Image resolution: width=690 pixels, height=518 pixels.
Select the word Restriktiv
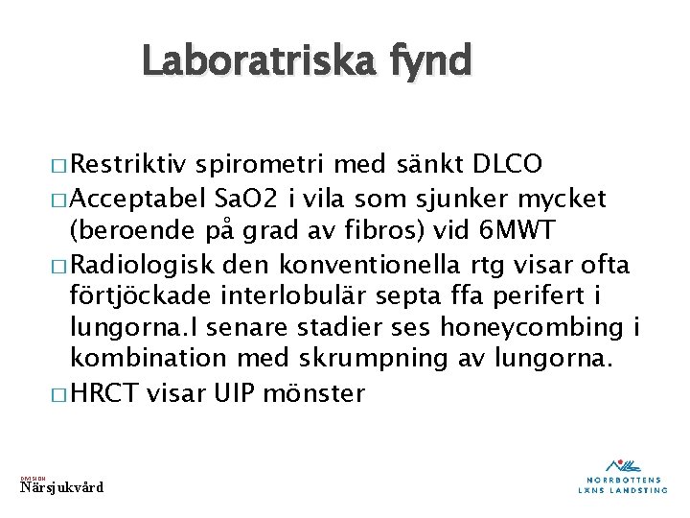click(x=129, y=164)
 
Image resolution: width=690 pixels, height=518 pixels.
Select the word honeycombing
click(x=531, y=328)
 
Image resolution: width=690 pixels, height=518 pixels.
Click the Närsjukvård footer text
click(x=62, y=487)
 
